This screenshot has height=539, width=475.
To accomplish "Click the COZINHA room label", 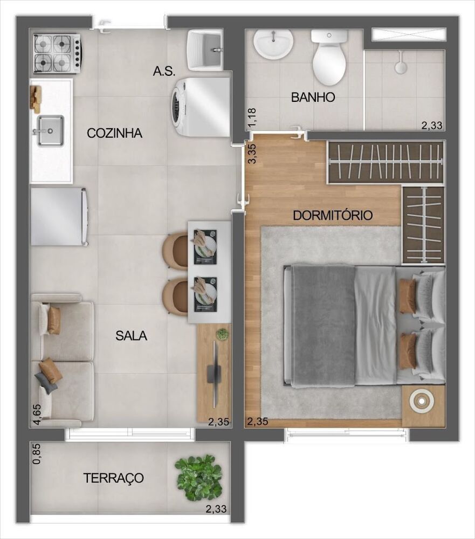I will [x=115, y=133].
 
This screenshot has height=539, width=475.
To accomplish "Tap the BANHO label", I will [x=313, y=98].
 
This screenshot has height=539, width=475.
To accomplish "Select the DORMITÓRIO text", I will [x=333, y=216].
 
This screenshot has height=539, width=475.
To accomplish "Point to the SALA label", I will [x=131, y=335].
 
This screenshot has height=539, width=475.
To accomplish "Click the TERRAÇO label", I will [x=113, y=478].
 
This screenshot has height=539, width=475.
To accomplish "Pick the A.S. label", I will [x=164, y=71].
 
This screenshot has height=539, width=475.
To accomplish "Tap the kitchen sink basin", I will [x=50, y=130].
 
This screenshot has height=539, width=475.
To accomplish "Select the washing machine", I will [x=199, y=107].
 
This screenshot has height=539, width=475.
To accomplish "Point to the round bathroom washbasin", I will [x=274, y=44].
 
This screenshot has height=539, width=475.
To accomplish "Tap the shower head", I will [x=401, y=67].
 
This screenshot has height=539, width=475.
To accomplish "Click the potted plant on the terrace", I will [x=199, y=477].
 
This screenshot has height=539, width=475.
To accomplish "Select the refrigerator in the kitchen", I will [x=59, y=216].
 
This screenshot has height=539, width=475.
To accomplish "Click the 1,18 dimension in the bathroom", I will [x=251, y=119].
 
